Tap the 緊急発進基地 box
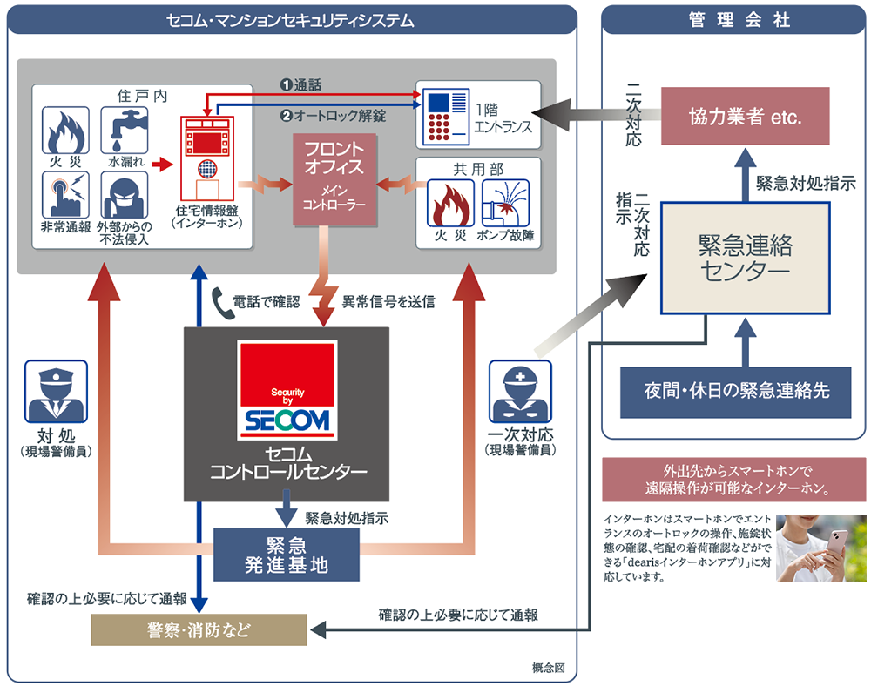coord(287,555)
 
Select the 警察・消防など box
coord(199,629)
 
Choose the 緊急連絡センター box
coord(745,257)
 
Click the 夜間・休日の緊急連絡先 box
coord(737,389)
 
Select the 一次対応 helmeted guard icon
coord(520,393)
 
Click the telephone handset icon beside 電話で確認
coord(219,302)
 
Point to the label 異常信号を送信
coord(388,302)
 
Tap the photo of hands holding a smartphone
coord(821,548)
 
